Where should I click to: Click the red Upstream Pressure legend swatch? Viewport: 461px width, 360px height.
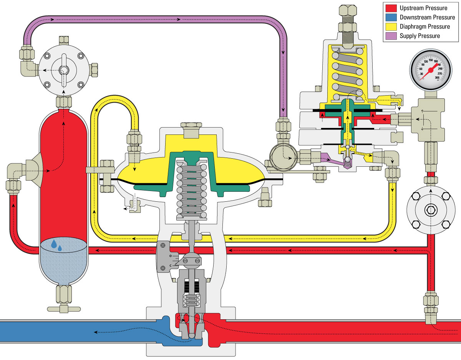(391, 8)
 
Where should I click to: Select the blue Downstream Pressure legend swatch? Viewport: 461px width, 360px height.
(391, 17)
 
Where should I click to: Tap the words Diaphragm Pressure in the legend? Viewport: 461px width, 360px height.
(425, 27)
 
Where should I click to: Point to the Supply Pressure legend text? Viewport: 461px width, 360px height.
(420, 36)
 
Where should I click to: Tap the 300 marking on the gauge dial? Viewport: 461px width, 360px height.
(437, 78)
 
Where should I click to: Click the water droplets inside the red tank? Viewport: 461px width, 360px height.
(56, 246)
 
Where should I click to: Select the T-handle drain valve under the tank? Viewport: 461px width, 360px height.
(64, 308)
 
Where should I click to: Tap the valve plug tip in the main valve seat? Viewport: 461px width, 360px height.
(191, 335)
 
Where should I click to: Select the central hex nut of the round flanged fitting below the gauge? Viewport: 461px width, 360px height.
(429, 210)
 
